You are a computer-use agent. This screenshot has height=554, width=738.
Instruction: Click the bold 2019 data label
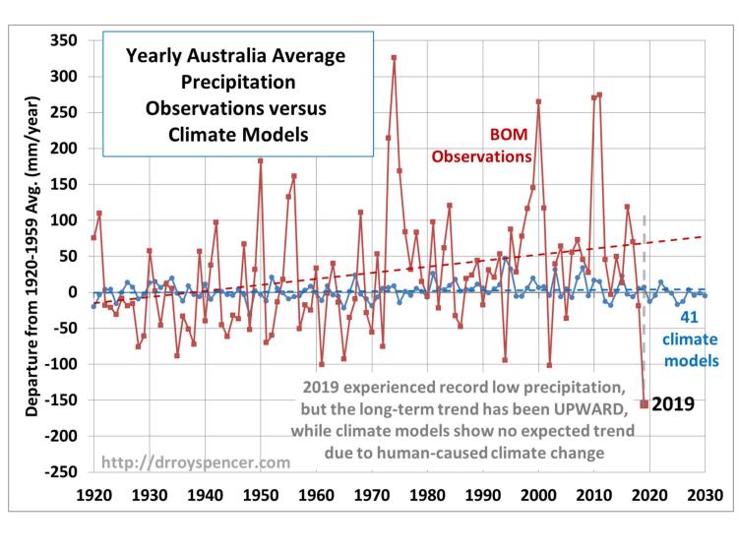pos(675,402)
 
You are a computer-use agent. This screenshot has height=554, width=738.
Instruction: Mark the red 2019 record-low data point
pos(645,403)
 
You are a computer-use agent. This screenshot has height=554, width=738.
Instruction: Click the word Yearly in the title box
pos(155,55)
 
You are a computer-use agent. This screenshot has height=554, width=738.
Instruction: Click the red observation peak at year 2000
pos(538,101)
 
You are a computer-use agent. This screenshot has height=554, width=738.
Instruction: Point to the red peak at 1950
pos(260,160)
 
